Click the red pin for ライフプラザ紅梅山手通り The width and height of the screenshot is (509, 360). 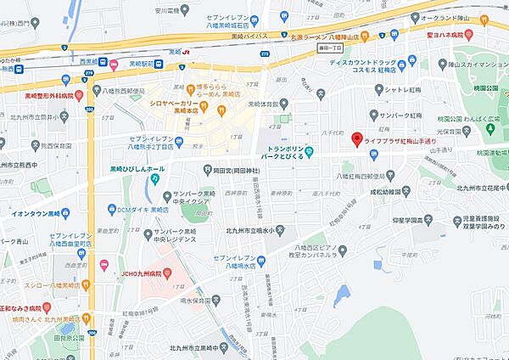tap(357, 138)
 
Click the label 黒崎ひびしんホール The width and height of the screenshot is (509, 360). tap(143, 169)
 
